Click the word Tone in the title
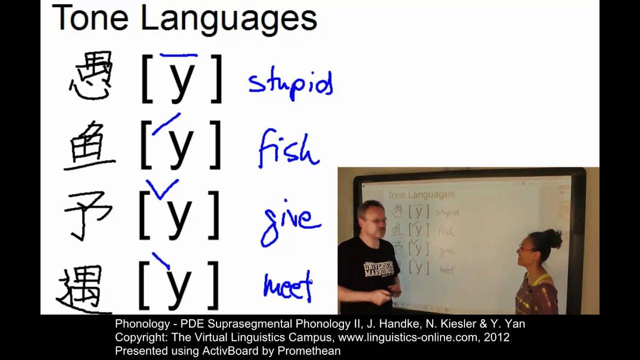[90, 18]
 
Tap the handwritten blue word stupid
[290, 84]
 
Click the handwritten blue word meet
[287, 286]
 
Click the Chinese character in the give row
[87, 215]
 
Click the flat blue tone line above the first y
[178, 55]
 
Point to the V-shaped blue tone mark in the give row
[161, 189]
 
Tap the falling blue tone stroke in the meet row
[161, 260]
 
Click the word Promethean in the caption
[308, 351]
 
